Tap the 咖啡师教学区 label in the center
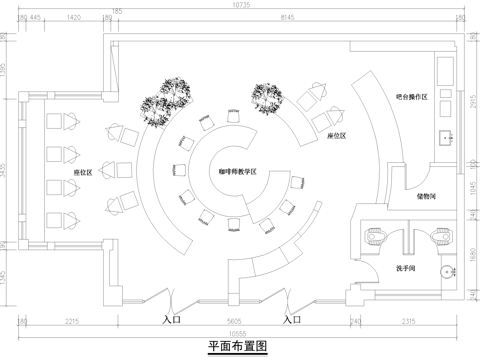pos(238,172)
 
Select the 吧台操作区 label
pos(411,97)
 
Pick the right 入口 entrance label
pos(291,320)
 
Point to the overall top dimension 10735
pos(240,6)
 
